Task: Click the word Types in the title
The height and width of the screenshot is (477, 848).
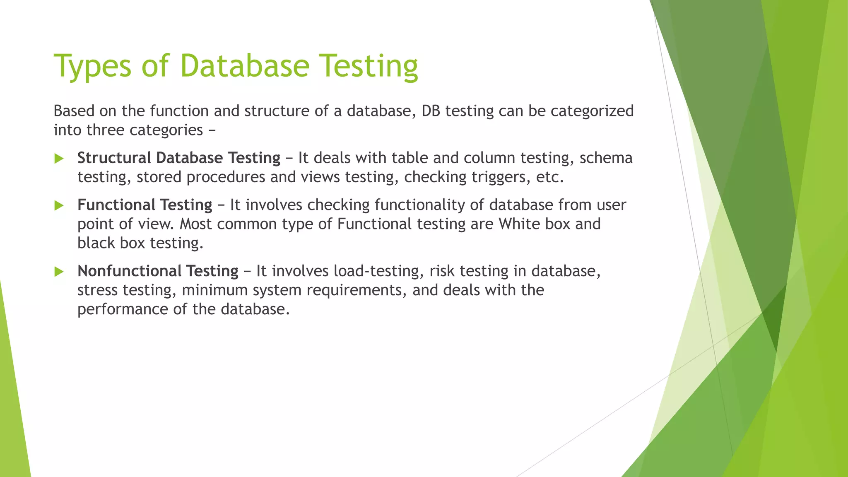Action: [x=92, y=66]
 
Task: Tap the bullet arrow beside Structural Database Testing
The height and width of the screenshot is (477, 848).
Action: [x=59, y=159]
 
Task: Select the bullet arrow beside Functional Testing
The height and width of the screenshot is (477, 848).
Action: [x=59, y=205]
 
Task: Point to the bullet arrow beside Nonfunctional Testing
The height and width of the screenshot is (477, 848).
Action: [x=59, y=272]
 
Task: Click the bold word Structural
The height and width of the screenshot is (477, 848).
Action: [x=114, y=158]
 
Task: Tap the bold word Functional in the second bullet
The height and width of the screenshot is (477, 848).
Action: [x=116, y=205]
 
